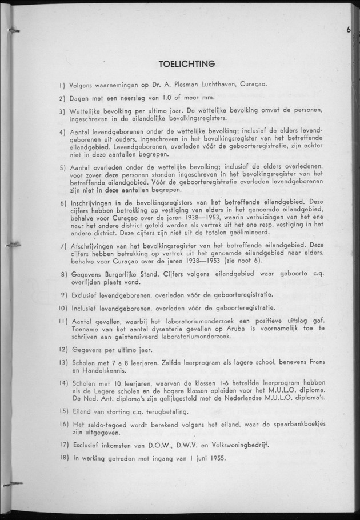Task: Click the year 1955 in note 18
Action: pos(216,458)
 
